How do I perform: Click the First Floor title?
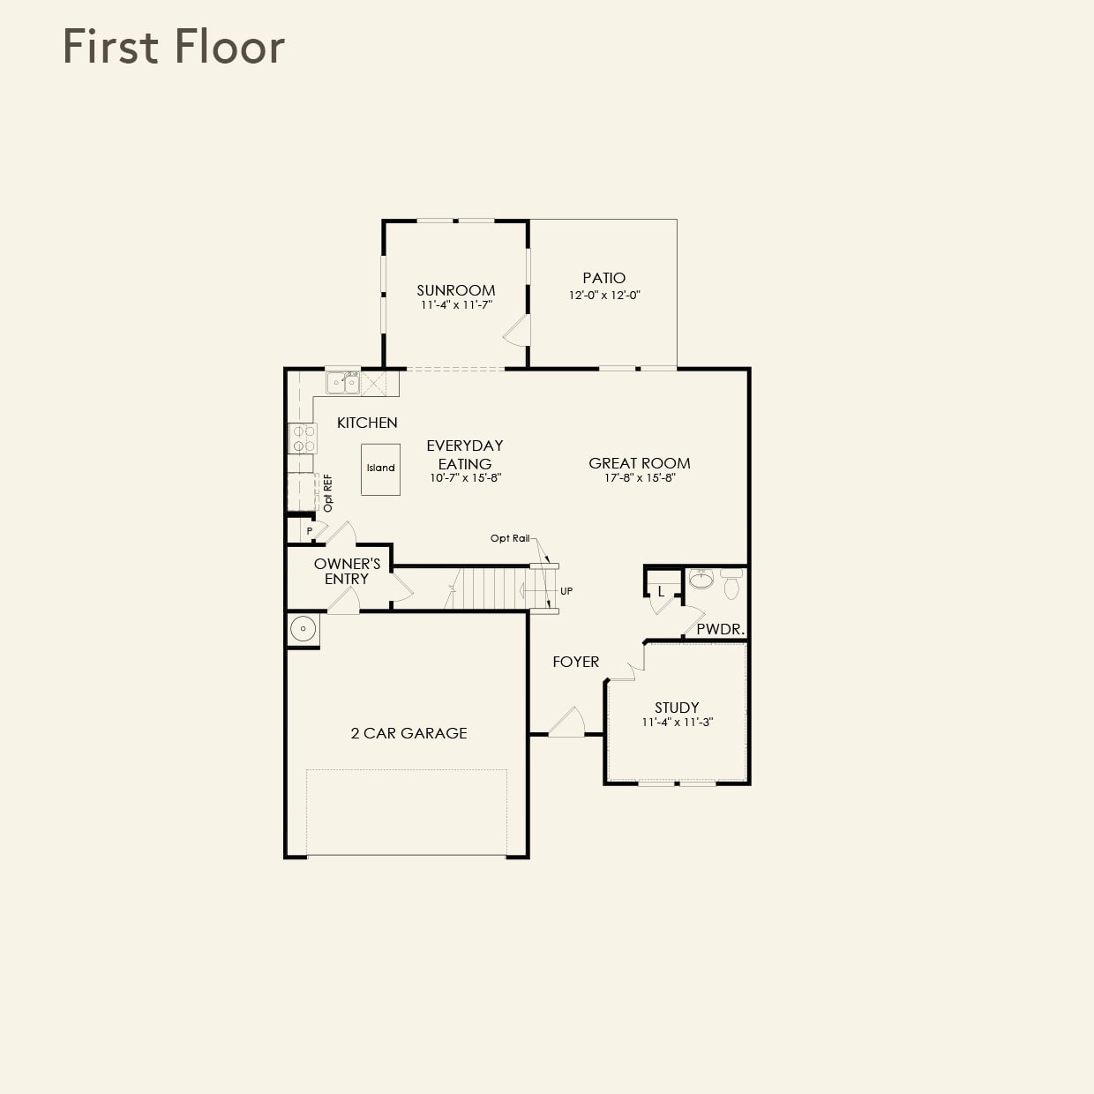tap(174, 48)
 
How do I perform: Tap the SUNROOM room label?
tap(456, 290)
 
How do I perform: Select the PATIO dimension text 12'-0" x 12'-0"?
tap(603, 296)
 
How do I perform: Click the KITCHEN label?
tap(367, 423)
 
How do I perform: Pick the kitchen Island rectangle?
tap(380, 468)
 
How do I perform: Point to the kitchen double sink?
tap(342, 383)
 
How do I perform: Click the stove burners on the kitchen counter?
tap(303, 438)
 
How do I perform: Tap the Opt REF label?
tap(328, 493)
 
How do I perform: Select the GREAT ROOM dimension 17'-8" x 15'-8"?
tap(639, 478)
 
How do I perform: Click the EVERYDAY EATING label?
tap(464, 454)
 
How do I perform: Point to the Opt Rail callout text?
tap(510, 538)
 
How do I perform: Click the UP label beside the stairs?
tap(566, 591)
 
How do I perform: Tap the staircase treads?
tap(490, 588)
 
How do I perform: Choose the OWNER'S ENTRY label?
tap(347, 571)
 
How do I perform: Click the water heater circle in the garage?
tap(303, 629)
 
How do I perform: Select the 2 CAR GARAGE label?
tap(408, 733)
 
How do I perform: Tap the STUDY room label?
tap(677, 708)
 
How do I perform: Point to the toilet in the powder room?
tap(731, 584)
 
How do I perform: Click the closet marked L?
tap(660, 591)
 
